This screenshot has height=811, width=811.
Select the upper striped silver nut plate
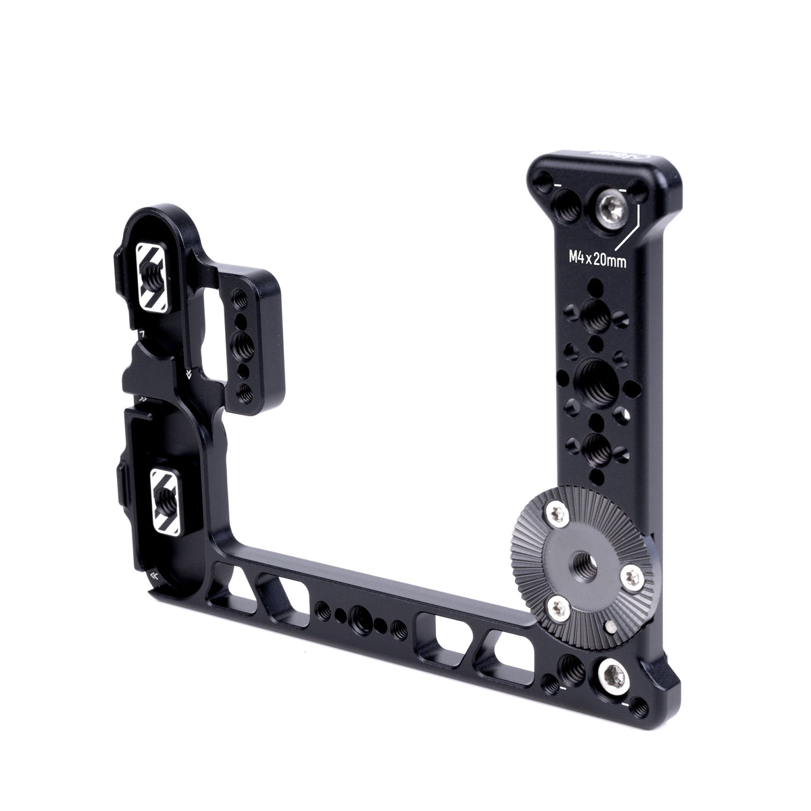[x=153, y=272]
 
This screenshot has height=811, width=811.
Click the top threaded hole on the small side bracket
[x=239, y=296]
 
